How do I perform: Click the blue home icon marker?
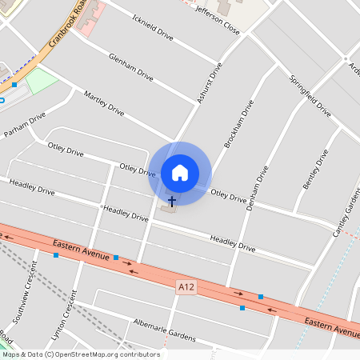tap(180, 173)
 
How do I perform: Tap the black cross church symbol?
tap(171, 201)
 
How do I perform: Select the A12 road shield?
tap(186, 286)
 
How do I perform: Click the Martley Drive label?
tap(104, 102)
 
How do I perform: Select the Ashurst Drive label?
tap(208, 83)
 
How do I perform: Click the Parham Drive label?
tap(25, 125)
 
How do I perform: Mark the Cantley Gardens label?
tap(346, 211)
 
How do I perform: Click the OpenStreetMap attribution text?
tap(80, 354)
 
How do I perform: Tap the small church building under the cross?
tap(168, 210)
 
